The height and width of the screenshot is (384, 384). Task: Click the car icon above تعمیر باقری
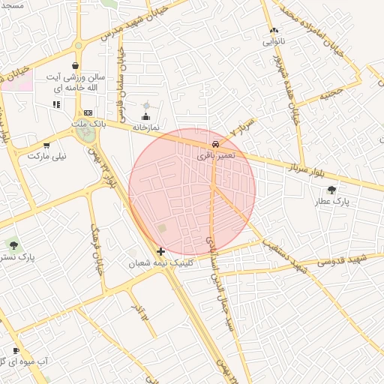pyautogui.click(x=216, y=142)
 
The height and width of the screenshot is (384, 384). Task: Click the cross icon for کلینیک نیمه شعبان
pyautogui.click(x=161, y=251)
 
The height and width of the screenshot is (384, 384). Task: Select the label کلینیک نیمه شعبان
pyautogui.click(x=160, y=263)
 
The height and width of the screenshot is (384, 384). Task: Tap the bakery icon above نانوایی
pyautogui.click(x=273, y=31)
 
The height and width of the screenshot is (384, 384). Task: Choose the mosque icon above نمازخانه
pyautogui.click(x=145, y=117)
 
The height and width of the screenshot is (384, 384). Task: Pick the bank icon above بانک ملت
pyautogui.click(x=88, y=112)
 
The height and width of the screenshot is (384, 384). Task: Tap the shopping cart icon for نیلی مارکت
pyautogui.click(x=46, y=145)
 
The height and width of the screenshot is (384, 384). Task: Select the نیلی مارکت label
pyautogui.click(x=47, y=157)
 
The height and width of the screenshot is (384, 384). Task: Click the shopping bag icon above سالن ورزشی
pyautogui.click(x=76, y=66)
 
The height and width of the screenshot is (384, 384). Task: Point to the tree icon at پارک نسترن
pyautogui.click(x=12, y=244)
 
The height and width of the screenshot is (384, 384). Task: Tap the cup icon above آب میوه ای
pyautogui.click(x=16, y=350)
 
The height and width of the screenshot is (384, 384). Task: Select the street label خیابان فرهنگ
pyautogui.click(x=96, y=249)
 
